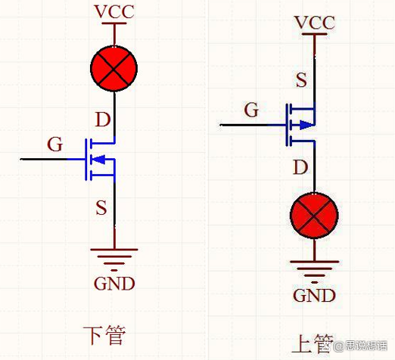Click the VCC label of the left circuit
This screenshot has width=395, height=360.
coord(114,12)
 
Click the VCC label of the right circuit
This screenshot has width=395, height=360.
coord(314,23)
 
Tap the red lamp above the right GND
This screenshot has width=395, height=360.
coord(314,216)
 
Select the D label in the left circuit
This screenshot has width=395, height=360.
coord(102,119)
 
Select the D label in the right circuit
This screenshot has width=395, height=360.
coord(301,166)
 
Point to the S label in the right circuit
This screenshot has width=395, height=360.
coord(301,79)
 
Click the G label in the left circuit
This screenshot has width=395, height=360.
coord(54,144)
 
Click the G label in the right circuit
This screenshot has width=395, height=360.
coord(252,110)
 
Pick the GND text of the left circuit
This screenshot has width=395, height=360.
coord(114,284)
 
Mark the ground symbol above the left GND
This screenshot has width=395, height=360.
coord(114,257)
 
